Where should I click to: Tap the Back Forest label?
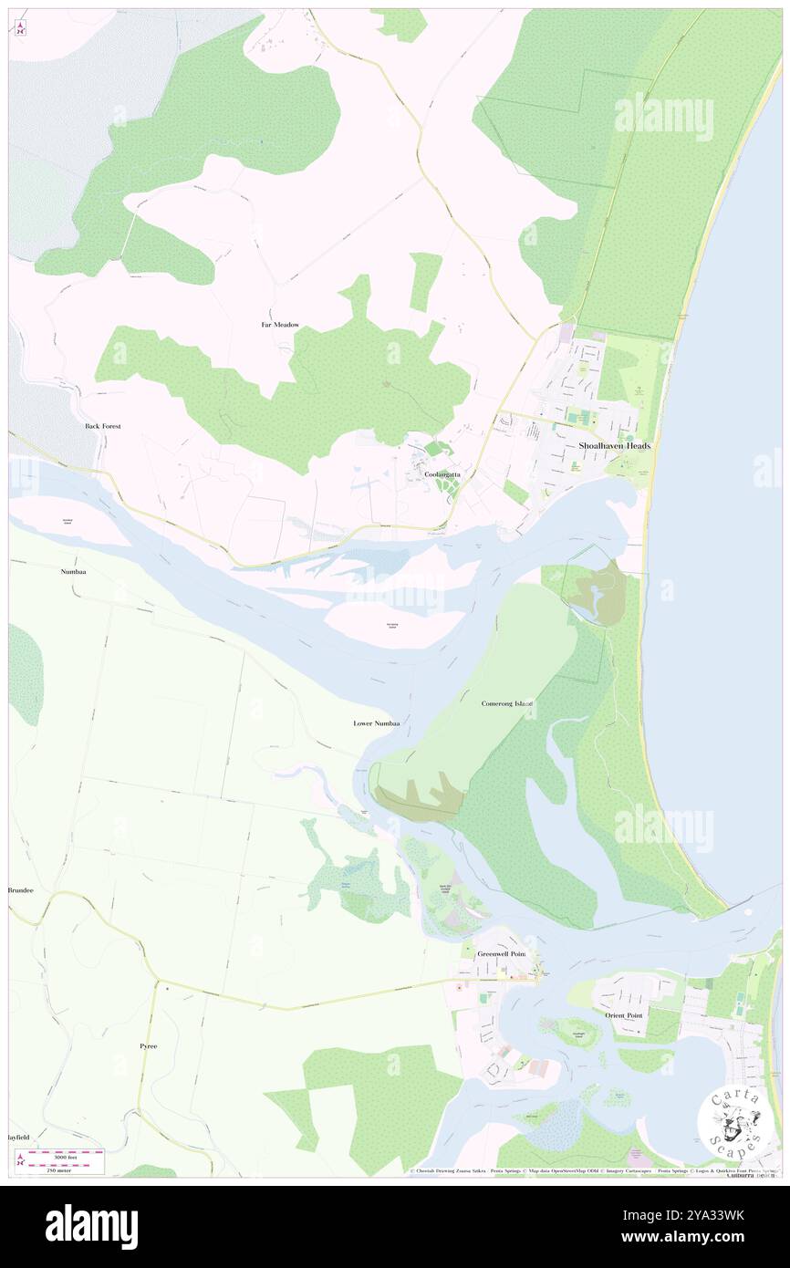[x=103, y=426]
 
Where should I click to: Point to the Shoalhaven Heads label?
[x=614, y=445]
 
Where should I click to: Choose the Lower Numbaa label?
[x=376, y=723]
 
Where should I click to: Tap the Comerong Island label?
[x=506, y=704]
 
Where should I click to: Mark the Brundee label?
[x=21, y=889]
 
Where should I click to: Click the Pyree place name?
[x=148, y=1045]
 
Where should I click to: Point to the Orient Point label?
[x=625, y=1014]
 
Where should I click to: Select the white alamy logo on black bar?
[x=91, y=1225]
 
